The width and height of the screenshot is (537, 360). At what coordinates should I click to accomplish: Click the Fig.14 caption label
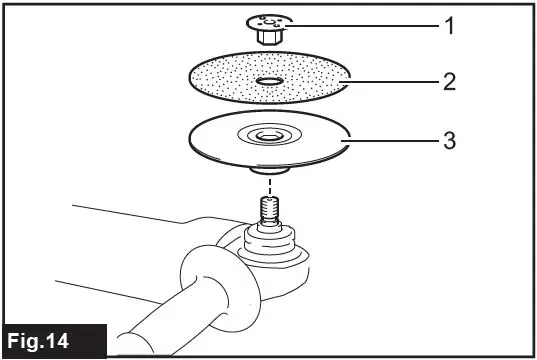tap(55, 340)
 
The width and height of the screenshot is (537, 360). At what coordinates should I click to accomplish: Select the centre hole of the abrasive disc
tap(267, 80)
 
